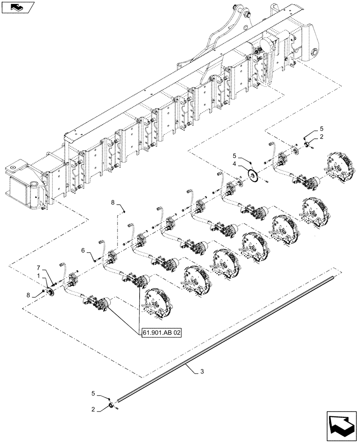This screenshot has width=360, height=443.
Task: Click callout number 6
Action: point(82,251)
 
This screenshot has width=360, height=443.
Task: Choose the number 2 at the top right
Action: point(322,137)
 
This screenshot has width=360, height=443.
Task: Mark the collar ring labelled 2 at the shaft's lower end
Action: point(110,405)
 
